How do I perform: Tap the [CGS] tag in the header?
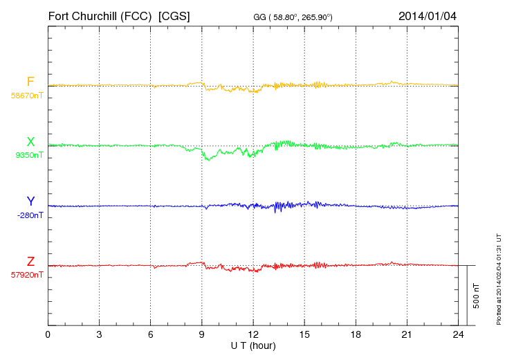click(x=174, y=15)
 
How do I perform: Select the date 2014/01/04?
click(x=428, y=15)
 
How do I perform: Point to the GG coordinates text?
click(x=293, y=17)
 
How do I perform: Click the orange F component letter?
click(x=30, y=82)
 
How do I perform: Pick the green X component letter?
click(x=30, y=142)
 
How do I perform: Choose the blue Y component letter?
click(x=30, y=201)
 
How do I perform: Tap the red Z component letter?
click(x=30, y=261)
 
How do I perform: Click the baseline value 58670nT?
click(x=26, y=95)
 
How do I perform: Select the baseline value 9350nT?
click(x=29, y=155)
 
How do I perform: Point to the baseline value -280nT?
click(x=29, y=215)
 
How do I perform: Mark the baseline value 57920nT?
click(x=26, y=275)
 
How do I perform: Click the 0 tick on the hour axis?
click(x=48, y=334)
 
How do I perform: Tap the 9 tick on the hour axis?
click(x=202, y=334)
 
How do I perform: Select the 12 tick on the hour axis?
click(x=253, y=334)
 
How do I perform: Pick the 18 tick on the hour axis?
click(x=356, y=334)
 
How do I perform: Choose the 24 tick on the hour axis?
click(x=458, y=334)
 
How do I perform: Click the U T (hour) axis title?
click(x=253, y=345)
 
